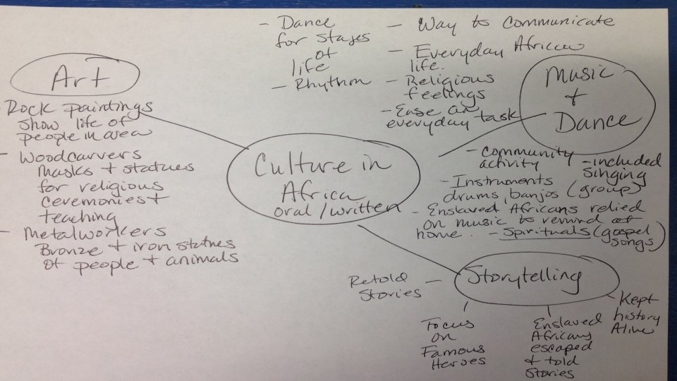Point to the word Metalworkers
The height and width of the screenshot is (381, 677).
pyautogui.click(x=87, y=231)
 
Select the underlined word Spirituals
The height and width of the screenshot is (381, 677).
pyautogui.click(x=534, y=231)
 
